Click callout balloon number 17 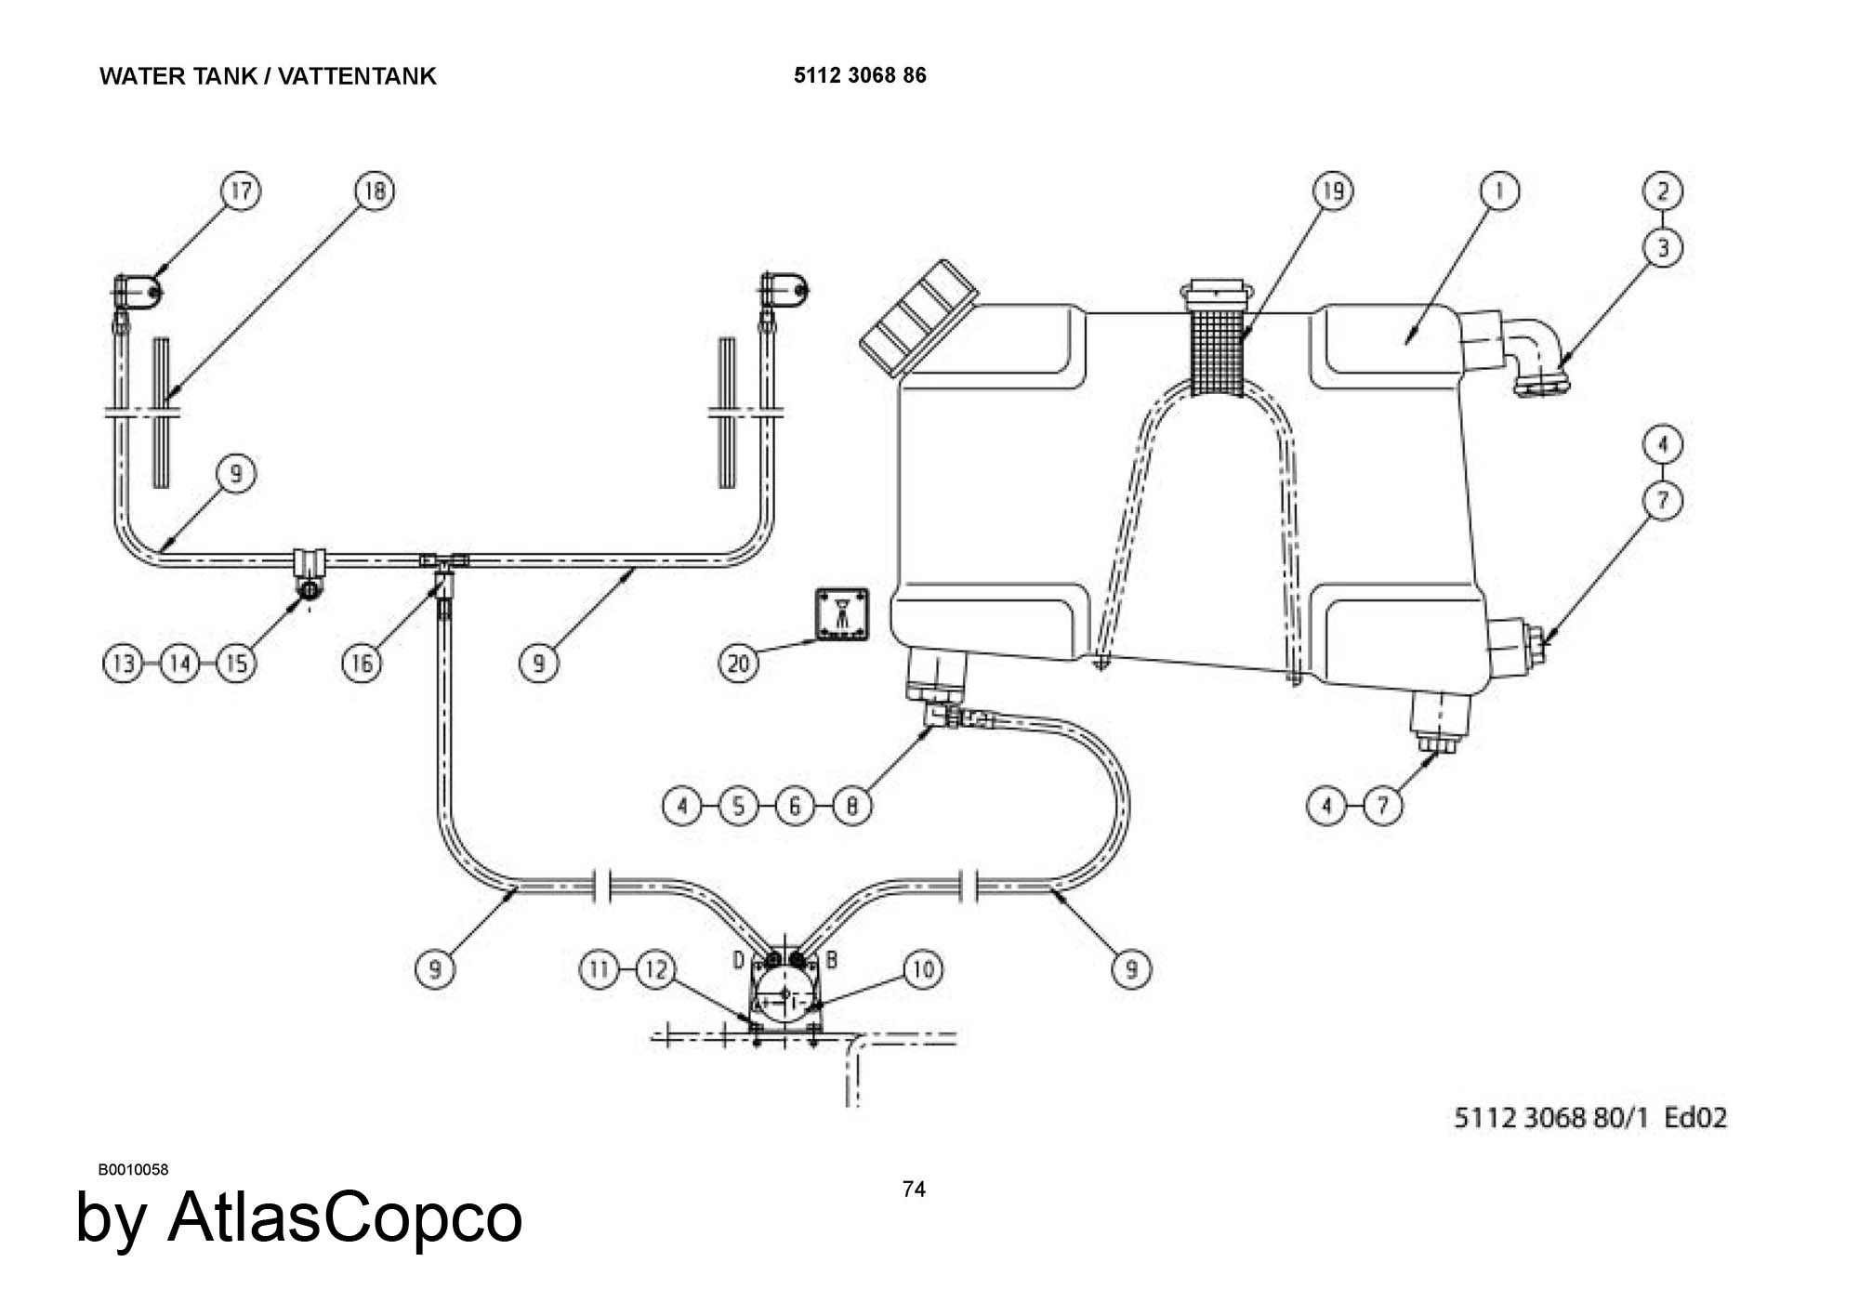(241, 191)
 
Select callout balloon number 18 (375, 191)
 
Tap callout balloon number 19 (1333, 191)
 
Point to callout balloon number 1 (1498, 191)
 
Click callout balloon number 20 (739, 664)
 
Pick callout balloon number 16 (362, 664)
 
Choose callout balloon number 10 (923, 970)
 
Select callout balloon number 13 (123, 664)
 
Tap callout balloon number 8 (851, 805)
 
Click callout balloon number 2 (1663, 191)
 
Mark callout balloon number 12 (656, 970)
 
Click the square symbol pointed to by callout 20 (842, 613)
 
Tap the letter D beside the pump (738, 959)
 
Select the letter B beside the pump (831, 959)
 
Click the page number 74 (914, 1190)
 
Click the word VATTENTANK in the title (357, 76)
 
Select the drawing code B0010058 (134, 1170)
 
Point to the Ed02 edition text (1694, 1117)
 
